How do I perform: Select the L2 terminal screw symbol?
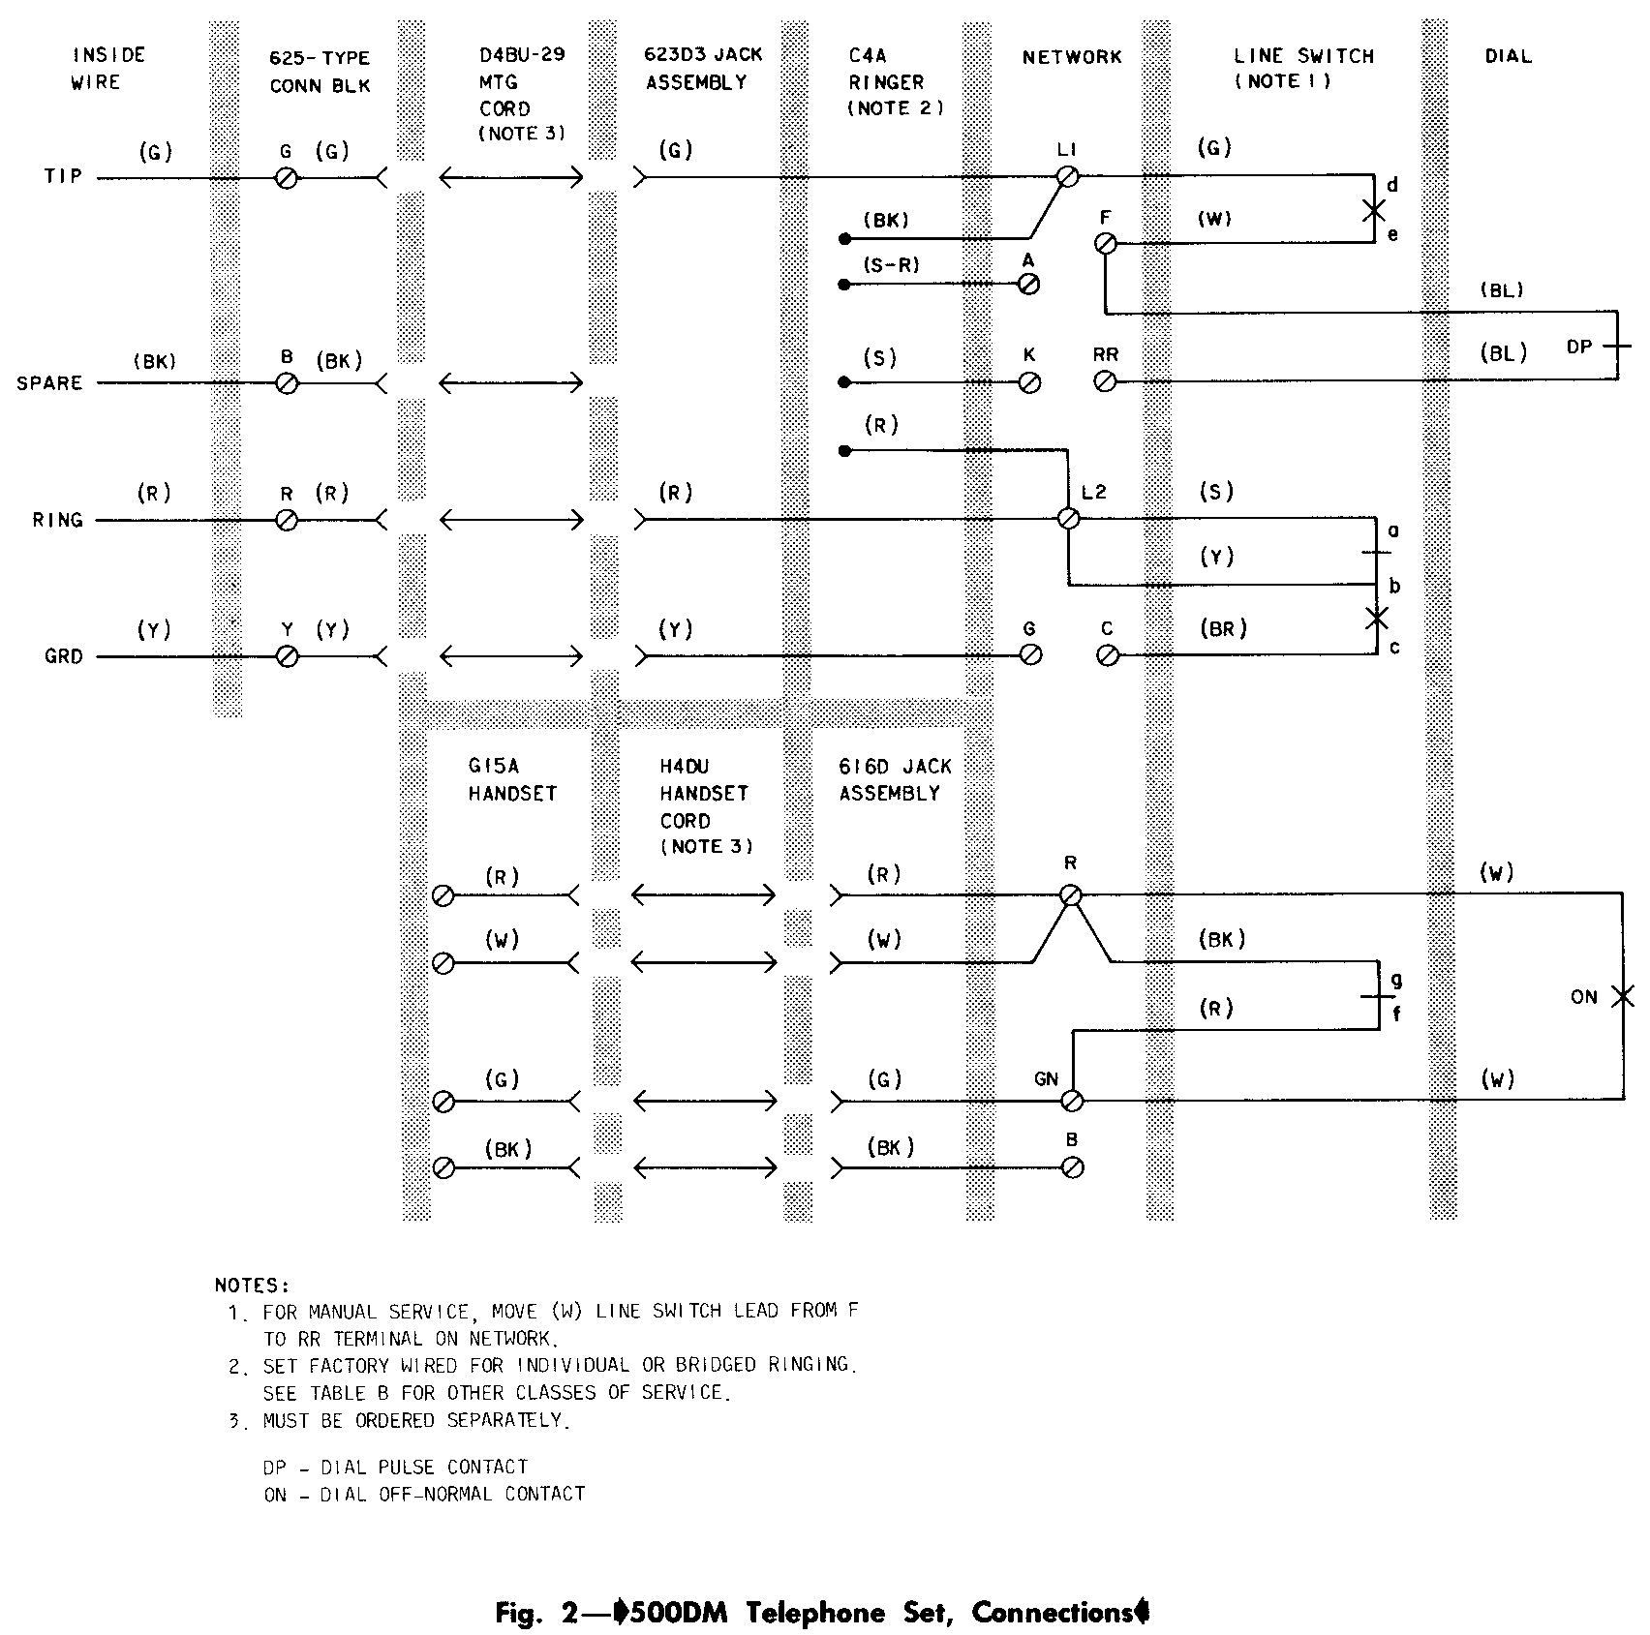1069,519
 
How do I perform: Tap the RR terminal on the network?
1105,382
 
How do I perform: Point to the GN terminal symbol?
1072,1101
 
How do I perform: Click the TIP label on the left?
62,176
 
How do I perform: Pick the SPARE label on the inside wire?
49,383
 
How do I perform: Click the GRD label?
63,656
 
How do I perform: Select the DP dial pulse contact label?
1579,346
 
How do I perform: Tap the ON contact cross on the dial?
1622,996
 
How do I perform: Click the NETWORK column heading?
1072,57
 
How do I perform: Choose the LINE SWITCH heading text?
1303,56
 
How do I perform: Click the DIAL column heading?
1508,56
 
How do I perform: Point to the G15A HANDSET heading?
512,779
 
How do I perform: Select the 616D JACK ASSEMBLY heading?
895,779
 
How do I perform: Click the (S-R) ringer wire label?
893,264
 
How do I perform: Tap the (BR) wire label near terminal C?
1223,629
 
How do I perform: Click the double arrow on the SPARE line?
511,383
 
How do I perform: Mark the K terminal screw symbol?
1030,382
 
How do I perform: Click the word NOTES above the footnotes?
252,1286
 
